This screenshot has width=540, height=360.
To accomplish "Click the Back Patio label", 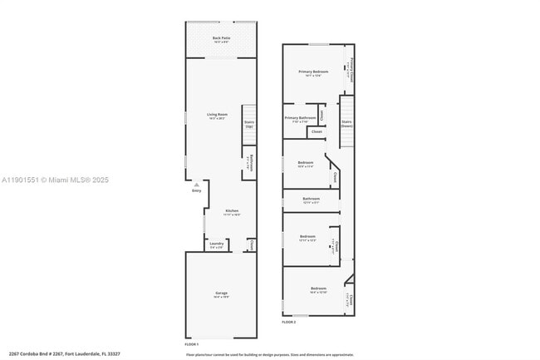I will click(x=221, y=39).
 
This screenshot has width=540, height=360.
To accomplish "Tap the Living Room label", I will click(x=217, y=116).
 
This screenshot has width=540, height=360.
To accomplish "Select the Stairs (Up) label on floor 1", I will click(x=248, y=124).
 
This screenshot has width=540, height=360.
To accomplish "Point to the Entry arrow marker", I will click(x=197, y=185).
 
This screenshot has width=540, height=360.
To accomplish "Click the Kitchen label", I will click(x=232, y=212).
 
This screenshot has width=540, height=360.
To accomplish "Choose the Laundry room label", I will click(x=216, y=244).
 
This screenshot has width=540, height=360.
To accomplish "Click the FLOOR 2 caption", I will click(x=289, y=321).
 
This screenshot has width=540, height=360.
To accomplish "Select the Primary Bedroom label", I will click(x=313, y=72).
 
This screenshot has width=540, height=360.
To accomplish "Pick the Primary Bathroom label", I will click(x=300, y=119).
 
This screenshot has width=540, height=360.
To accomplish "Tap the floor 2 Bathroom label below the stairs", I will click(x=312, y=200).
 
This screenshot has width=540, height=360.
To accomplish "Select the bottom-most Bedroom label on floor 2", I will click(x=318, y=289).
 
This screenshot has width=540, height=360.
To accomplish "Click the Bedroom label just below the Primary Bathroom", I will click(x=305, y=163).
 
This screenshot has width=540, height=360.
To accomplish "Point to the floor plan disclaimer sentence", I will click(x=269, y=353).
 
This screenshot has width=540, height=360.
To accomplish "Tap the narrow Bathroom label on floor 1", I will click(x=250, y=163).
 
